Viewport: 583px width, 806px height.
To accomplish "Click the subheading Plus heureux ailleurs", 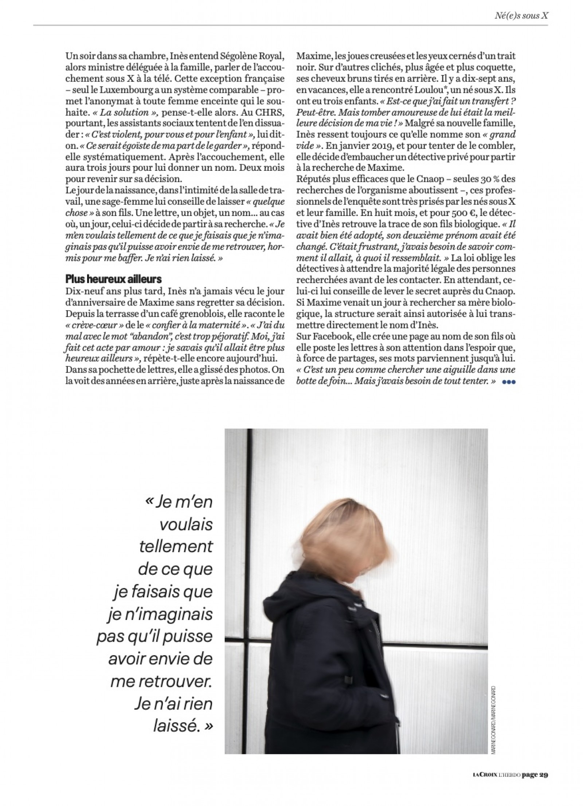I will pyautogui.click(x=113, y=279).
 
